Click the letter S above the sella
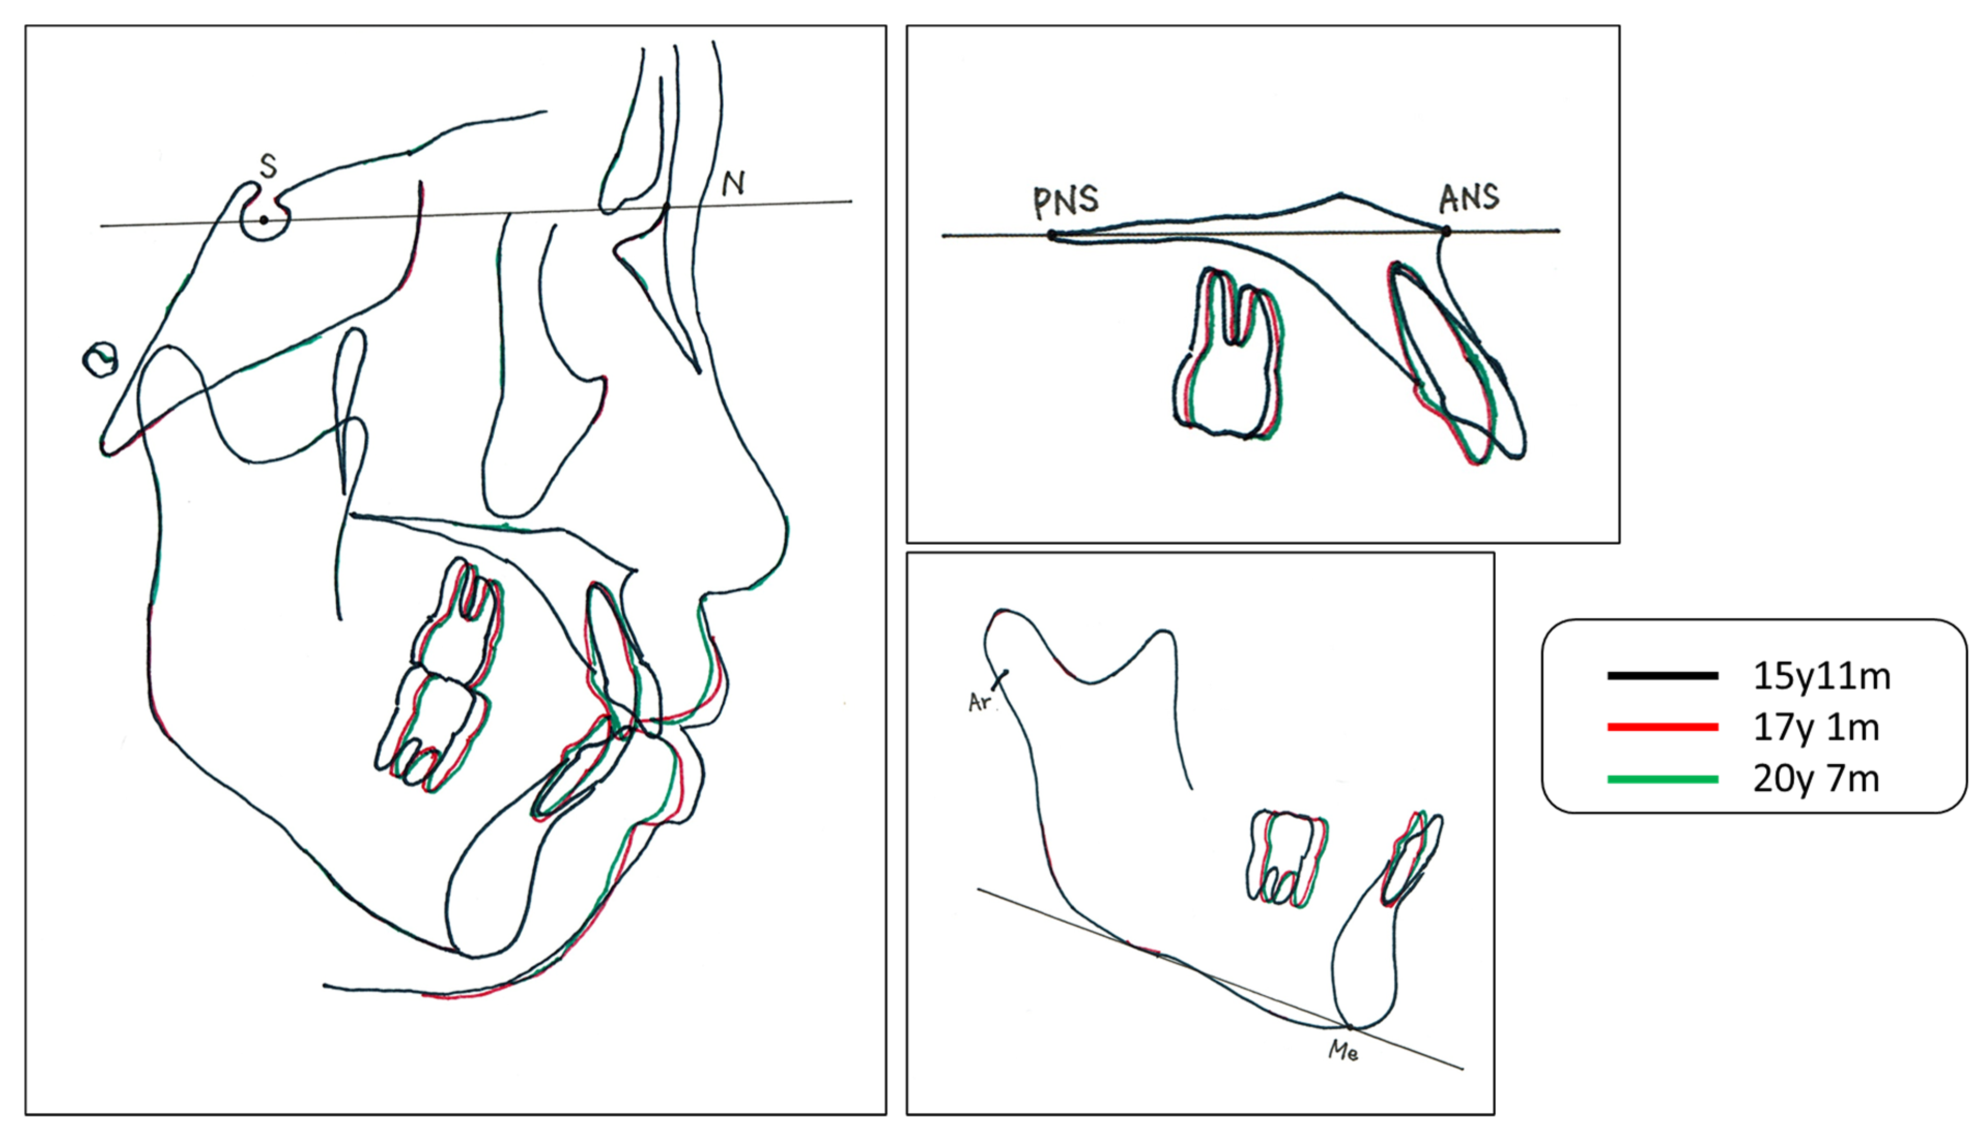click(268, 166)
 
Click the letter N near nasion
click(733, 184)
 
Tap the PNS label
click(1066, 201)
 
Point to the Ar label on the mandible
click(980, 702)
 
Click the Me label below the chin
click(1343, 1051)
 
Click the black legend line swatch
click(1663, 676)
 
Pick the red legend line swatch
click(1663, 728)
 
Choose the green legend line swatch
click(1663, 779)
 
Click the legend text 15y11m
click(1821, 677)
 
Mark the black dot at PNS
click(1052, 234)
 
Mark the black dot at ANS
click(1446, 230)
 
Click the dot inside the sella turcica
click(264, 220)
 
